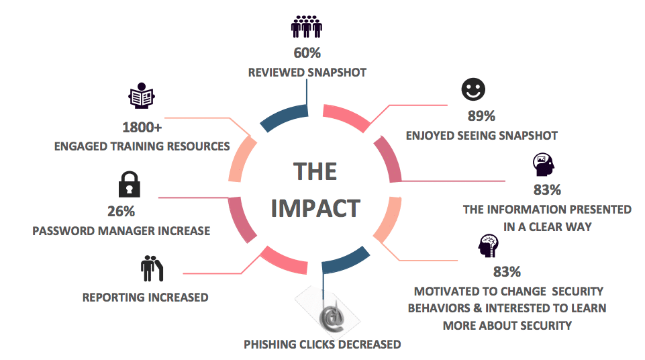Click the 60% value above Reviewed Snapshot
[x=306, y=52]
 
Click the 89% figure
[x=481, y=116]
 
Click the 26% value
[x=121, y=211]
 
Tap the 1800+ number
[x=142, y=127]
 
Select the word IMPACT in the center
[x=315, y=208]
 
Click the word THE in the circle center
[x=315, y=172]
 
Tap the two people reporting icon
[x=152, y=269]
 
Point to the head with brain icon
[x=488, y=246]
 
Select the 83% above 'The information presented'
[x=547, y=190]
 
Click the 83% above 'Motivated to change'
[x=507, y=272]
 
